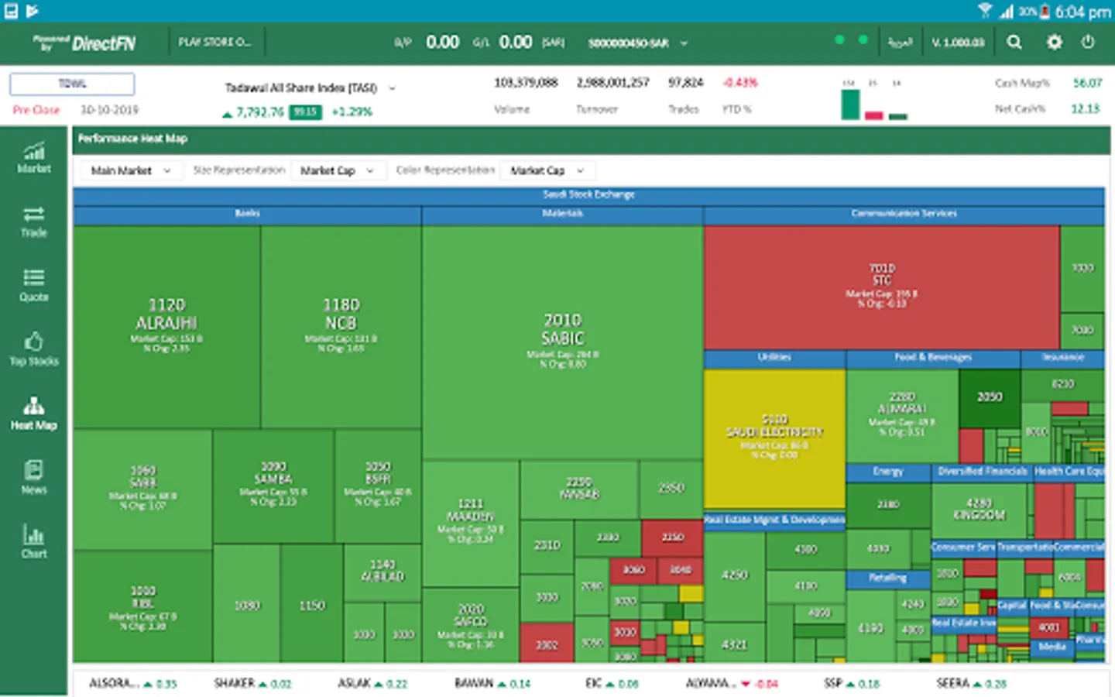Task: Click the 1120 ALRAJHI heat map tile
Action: pyautogui.click(x=166, y=325)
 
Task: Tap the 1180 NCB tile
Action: pyautogui.click(x=341, y=325)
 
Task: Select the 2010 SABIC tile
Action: pyautogui.click(x=563, y=341)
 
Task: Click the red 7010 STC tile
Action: pyautogui.click(x=881, y=287)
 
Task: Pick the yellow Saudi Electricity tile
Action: pyautogui.click(x=774, y=438)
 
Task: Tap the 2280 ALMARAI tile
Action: pyautogui.click(x=902, y=414)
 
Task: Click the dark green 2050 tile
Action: pyautogui.click(x=990, y=397)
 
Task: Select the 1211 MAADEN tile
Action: pyautogui.click(x=471, y=519)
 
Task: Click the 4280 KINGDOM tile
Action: pyautogui.click(x=979, y=510)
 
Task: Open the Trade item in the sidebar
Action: pyautogui.click(x=33, y=221)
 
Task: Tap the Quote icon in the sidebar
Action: pyautogui.click(x=33, y=285)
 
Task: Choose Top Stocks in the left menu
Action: pyautogui.click(x=33, y=349)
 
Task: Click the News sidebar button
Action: pyautogui.click(x=33, y=477)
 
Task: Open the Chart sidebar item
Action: pyautogui.click(x=33, y=541)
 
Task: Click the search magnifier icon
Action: pyautogui.click(x=1014, y=43)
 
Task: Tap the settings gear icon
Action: pyautogui.click(x=1055, y=43)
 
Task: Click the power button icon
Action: pyautogui.click(x=1088, y=43)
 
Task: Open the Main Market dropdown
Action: pyautogui.click(x=130, y=170)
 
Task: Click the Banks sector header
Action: pyautogui.click(x=248, y=214)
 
